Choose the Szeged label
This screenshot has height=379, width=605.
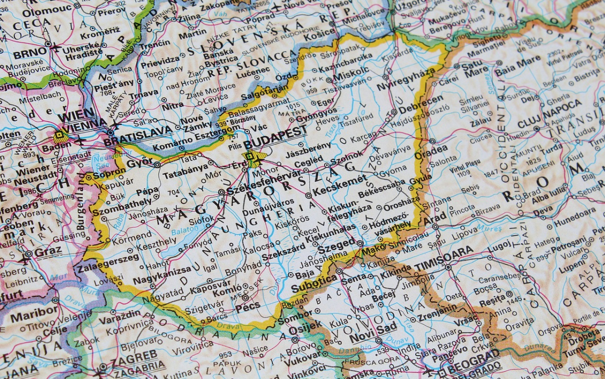coord(336,244)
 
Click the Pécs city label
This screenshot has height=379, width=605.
coord(248,305)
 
